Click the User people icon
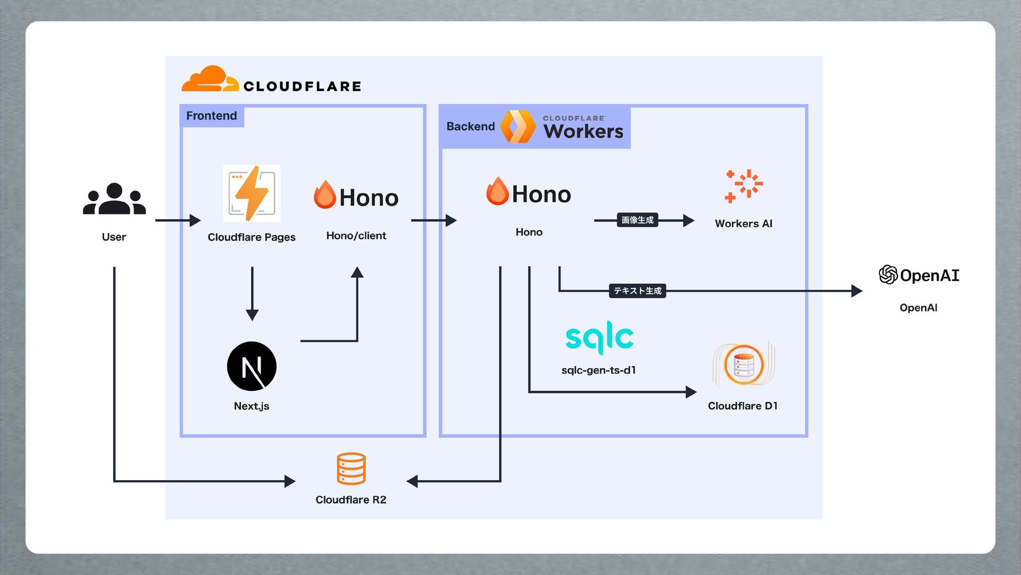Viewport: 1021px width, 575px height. [x=114, y=199]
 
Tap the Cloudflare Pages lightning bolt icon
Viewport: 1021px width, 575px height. [x=252, y=193]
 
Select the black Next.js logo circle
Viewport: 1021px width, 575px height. [x=252, y=366]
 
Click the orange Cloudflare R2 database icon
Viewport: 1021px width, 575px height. [x=351, y=469]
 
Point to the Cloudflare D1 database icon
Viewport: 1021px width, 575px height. [x=744, y=365]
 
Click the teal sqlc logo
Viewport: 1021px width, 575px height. [x=599, y=337]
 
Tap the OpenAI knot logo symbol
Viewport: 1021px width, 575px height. [x=888, y=275]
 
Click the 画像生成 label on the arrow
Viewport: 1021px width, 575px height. [x=637, y=220]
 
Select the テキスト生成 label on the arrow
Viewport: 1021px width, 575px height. [x=637, y=291]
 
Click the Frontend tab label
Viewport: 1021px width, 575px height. [x=212, y=116]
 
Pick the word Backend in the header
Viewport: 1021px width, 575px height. [x=471, y=127]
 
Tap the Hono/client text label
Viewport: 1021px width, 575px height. [x=356, y=236]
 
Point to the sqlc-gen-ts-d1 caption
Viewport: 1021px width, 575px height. [x=599, y=370]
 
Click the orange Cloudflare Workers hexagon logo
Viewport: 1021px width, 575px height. [x=518, y=127]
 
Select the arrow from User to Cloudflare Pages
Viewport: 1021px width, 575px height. [x=178, y=220]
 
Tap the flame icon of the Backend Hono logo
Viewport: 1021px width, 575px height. [x=497, y=191]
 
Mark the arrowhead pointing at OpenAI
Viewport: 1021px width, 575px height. [x=856, y=291]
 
